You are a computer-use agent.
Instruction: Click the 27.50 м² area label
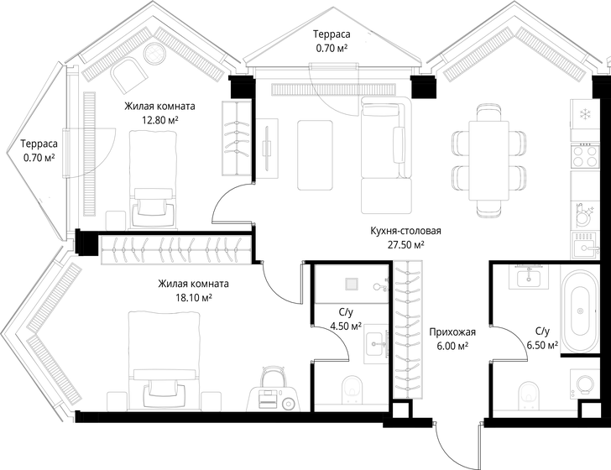405,245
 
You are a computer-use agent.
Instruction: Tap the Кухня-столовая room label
405,231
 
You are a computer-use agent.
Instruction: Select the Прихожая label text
452,332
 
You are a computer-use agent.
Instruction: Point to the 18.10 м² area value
193,298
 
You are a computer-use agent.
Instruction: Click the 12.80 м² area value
159,120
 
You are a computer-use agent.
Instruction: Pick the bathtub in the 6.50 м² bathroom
580,311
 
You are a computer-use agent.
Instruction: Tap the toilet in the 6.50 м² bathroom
529,395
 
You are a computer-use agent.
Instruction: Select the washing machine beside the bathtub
584,384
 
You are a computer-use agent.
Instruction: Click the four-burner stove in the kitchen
584,156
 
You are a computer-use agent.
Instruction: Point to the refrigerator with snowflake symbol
584,114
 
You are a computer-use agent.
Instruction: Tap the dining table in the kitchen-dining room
489,160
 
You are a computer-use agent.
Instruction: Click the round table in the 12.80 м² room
154,53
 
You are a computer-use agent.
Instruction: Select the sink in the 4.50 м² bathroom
377,344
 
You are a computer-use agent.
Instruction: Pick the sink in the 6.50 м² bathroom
529,277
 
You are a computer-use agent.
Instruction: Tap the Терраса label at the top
332,34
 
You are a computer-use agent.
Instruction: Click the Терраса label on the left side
39,144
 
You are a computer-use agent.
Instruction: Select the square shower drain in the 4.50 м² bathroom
352,285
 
